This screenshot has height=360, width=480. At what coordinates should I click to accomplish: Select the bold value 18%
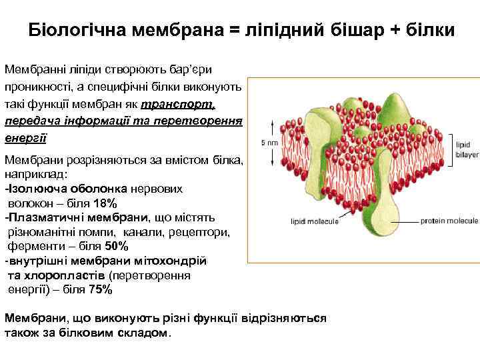click(x=105, y=203)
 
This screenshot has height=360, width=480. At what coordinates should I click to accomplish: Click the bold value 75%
click(x=101, y=290)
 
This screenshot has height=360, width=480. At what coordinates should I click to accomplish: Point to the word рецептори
click(x=204, y=232)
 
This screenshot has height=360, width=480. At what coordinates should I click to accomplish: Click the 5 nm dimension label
click(x=267, y=142)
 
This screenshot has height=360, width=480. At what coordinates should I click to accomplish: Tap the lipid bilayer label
click(x=463, y=148)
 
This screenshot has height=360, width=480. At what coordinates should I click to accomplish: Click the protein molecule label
click(x=449, y=221)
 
